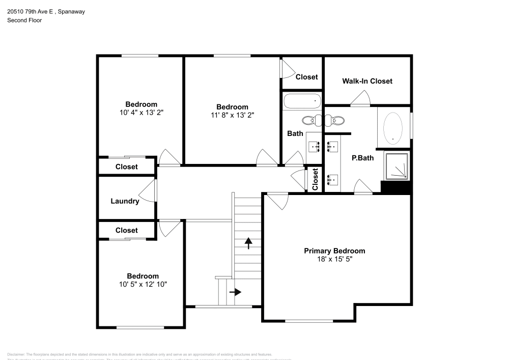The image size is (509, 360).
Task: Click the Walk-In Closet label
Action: [x=367, y=81]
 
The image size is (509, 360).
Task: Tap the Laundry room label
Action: [x=125, y=201]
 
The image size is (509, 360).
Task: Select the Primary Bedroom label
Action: [x=334, y=251]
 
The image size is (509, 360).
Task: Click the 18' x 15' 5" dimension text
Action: [x=334, y=259]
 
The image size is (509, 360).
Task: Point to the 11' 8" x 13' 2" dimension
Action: [x=232, y=115]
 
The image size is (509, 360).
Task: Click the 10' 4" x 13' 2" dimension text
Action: [x=141, y=113]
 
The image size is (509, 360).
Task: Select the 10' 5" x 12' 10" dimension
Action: [x=143, y=284]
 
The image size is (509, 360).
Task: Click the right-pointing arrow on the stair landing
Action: [x=235, y=292]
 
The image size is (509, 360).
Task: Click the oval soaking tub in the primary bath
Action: [x=393, y=127]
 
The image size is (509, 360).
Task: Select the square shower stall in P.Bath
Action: [x=397, y=166]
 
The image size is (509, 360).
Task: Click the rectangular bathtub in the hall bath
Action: [x=302, y=101]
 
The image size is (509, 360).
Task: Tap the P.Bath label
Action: [x=362, y=158]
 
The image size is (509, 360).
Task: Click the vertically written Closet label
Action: [x=315, y=180]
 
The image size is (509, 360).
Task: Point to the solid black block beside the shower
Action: [x=395, y=187]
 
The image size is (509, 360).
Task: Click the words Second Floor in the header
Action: [x=24, y=20]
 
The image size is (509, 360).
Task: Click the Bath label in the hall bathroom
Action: [x=295, y=133]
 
